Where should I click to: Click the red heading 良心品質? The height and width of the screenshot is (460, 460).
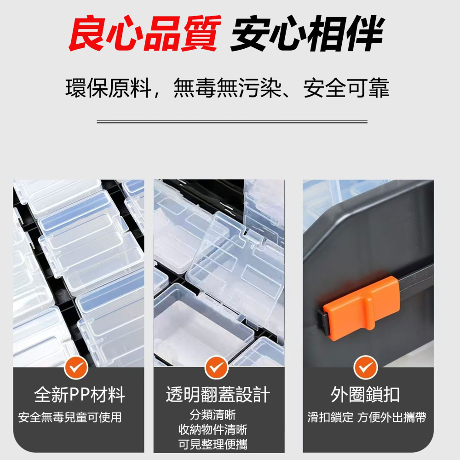[144, 34]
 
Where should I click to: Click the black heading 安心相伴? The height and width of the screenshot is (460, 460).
[306, 34]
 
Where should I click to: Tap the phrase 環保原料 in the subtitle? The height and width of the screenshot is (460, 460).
[109, 88]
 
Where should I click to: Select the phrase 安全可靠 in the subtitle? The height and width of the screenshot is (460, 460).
[346, 88]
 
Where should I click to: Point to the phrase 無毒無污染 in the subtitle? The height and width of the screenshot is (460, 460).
[227, 88]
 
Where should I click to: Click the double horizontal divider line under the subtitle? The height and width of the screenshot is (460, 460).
[232, 122]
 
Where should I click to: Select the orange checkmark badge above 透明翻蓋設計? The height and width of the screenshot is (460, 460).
[217, 368]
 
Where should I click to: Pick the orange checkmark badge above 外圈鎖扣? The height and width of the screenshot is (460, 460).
[366, 368]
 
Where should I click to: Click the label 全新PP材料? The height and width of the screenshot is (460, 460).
[80, 395]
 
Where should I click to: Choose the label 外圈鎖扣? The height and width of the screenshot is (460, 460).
[366, 395]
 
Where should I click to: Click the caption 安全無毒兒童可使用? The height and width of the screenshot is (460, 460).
[70, 418]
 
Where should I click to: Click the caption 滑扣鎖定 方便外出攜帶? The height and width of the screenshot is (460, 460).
[367, 418]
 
